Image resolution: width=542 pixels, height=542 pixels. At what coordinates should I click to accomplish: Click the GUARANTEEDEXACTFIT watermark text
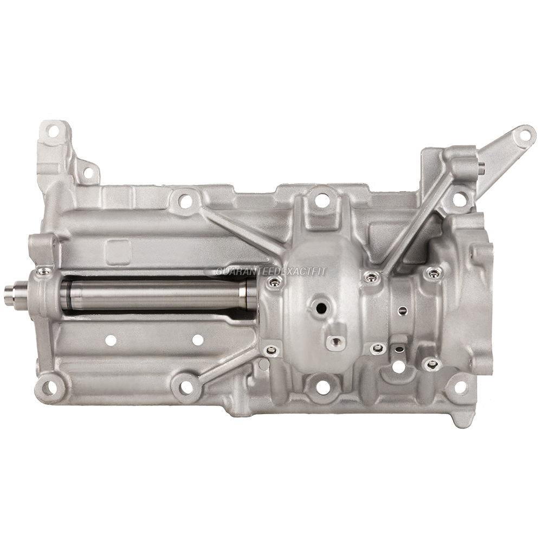(x=271, y=272)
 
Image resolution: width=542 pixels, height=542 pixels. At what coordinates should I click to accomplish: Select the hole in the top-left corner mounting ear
(x=53, y=131)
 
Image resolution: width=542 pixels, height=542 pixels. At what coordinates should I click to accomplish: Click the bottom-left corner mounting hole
(x=49, y=387)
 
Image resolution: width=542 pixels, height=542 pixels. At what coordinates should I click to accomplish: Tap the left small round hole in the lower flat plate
(x=111, y=340)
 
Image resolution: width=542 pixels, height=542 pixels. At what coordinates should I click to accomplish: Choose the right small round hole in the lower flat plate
(x=198, y=340)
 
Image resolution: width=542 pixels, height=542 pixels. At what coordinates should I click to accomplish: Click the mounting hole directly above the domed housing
(x=322, y=201)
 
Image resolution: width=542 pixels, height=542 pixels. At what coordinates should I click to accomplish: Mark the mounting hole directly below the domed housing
(x=323, y=387)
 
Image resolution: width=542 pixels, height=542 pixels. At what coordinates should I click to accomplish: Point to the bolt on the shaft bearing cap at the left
(x=44, y=271)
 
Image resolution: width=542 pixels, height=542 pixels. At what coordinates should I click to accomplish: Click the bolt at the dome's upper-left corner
(x=275, y=281)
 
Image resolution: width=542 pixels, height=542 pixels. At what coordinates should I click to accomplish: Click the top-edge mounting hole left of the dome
(x=185, y=201)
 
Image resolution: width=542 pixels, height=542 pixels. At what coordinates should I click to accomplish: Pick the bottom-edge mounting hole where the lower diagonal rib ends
(x=186, y=387)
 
